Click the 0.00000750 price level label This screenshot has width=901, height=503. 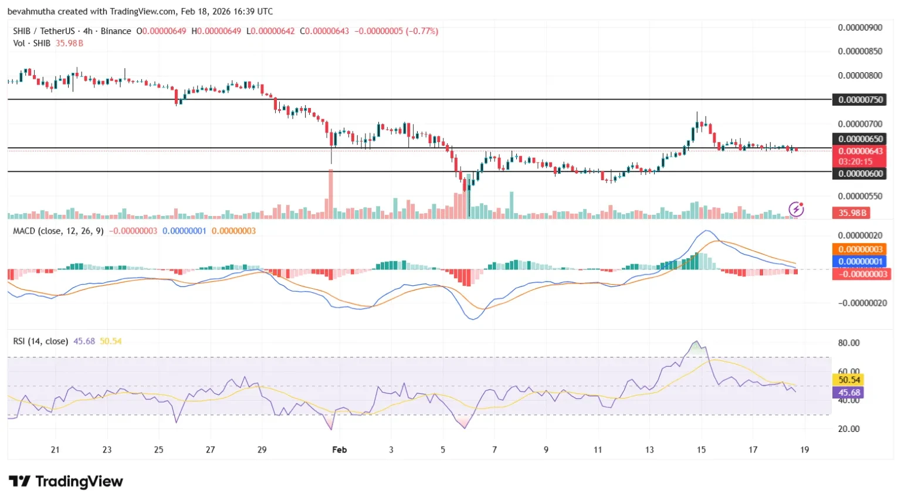point(860,100)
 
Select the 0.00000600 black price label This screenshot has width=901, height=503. point(860,174)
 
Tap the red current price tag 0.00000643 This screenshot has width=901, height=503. point(860,151)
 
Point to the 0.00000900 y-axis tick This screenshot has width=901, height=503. point(860,28)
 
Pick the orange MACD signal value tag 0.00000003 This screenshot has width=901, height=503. point(860,249)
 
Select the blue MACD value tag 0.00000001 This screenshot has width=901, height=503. point(860,262)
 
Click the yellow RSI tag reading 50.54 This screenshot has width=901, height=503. point(849,380)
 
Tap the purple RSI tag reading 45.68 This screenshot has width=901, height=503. point(849,393)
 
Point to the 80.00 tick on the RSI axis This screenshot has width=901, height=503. point(849,343)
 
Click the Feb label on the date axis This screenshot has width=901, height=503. point(339,450)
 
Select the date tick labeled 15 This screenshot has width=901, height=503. point(701,450)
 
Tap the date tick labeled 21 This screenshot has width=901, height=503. point(55,450)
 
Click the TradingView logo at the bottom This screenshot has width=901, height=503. point(66,482)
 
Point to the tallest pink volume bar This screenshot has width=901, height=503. point(331,194)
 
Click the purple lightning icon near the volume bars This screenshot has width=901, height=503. point(796,208)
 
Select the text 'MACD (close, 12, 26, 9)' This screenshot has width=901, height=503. point(58,231)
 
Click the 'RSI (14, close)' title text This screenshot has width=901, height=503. point(40,342)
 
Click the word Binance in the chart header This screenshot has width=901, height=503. point(116,31)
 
